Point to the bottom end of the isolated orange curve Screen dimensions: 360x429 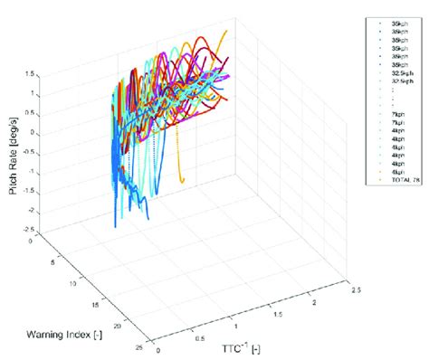(184, 182)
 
